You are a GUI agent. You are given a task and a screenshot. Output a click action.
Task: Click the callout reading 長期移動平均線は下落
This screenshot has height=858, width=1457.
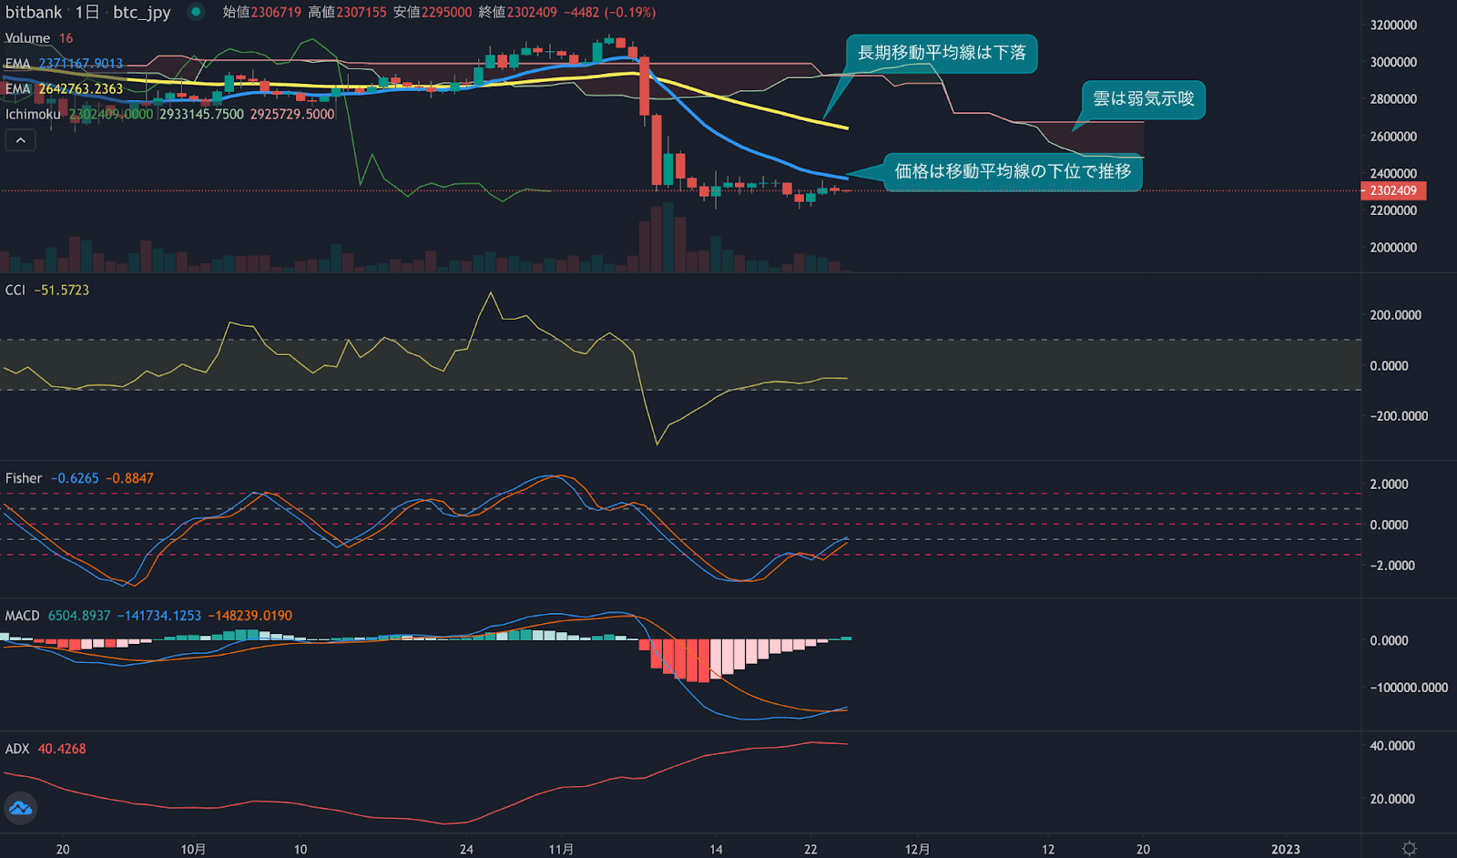942,53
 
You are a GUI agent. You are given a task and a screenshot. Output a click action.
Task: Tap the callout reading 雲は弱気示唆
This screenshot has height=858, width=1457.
1143,99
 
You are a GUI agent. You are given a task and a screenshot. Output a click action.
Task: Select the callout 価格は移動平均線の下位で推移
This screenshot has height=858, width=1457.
1013,171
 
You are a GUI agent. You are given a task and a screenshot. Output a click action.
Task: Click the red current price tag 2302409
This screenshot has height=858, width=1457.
1393,191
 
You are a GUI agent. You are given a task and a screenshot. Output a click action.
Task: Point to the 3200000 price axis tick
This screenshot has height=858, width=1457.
1393,26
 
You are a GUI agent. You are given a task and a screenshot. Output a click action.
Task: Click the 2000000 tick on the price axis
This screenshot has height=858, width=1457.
1393,248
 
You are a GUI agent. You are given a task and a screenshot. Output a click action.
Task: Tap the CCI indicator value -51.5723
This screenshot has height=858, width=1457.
62,291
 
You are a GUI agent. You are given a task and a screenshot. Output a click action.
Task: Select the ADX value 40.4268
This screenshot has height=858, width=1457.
62,749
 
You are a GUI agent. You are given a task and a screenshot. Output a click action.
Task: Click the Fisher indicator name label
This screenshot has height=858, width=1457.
24,478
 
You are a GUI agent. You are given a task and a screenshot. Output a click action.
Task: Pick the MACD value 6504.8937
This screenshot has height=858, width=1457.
79,616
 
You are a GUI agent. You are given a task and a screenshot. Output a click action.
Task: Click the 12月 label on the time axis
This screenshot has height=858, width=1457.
917,849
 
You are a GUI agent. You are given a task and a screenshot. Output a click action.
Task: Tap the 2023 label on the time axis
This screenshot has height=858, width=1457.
1286,849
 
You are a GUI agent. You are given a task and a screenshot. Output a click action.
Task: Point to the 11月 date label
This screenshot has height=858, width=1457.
561,849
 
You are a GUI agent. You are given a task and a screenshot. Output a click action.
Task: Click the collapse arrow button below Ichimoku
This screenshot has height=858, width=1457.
20,140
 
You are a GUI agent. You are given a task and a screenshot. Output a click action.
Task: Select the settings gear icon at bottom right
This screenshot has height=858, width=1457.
1409,848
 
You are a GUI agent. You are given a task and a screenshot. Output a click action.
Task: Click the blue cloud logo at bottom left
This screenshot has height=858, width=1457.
20,808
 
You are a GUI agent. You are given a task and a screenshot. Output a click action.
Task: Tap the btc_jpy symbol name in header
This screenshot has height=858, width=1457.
142,13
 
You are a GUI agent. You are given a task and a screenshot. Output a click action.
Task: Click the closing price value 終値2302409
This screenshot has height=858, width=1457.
517,13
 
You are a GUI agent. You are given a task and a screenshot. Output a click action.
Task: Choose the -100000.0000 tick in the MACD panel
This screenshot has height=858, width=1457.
1409,688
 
